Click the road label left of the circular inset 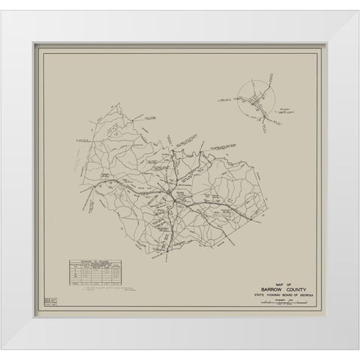pyautogui.click(x=226, y=97)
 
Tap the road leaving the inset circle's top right pyautogui.click(x=276, y=84)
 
